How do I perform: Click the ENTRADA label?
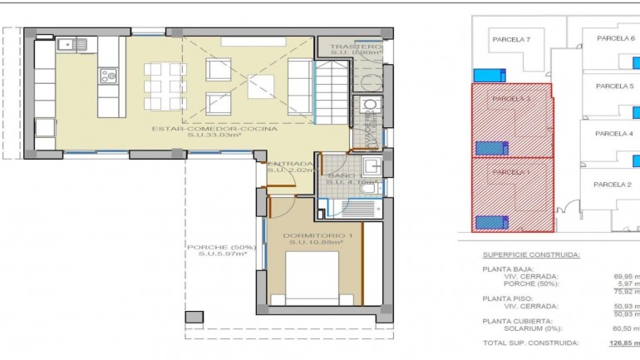coord(290,165)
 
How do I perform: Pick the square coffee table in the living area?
coord(259,85)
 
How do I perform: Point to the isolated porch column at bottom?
coord(194,317)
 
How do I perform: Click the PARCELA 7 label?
coord(511,39)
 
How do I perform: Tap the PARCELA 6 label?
coord(615,38)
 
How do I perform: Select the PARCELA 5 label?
coord(615,86)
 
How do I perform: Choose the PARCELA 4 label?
coord(614,133)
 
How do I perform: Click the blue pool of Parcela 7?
coord(489,76)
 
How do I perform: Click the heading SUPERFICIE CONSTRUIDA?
coord(531,254)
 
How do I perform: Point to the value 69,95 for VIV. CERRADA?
coord(625,276)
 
